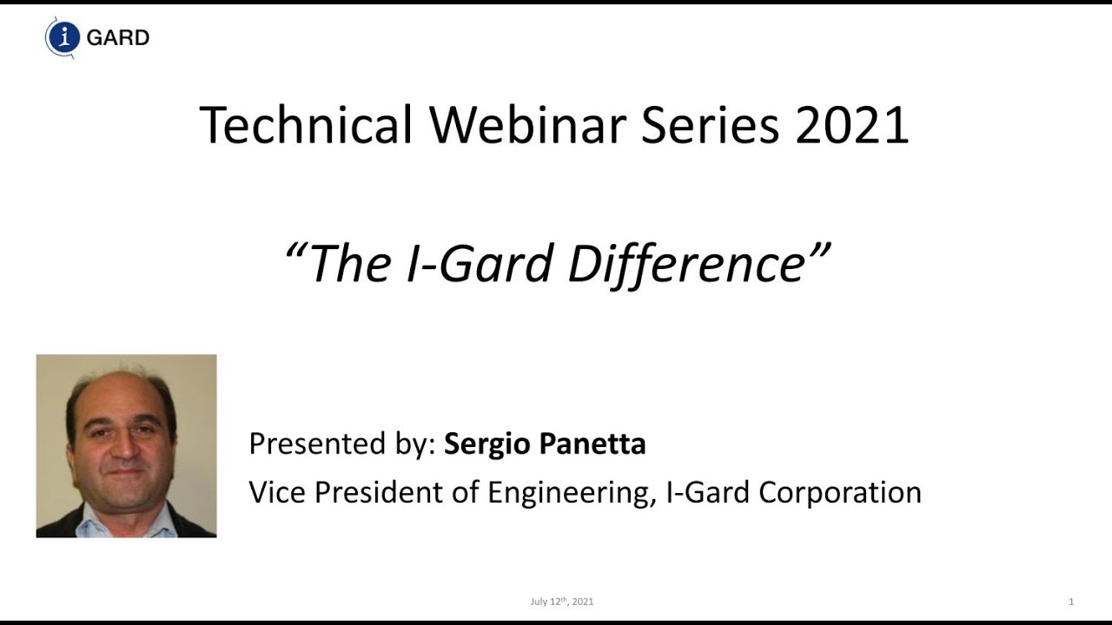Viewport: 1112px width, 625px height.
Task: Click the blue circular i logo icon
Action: [x=63, y=37]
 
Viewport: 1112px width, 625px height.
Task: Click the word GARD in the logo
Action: [x=118, y=38]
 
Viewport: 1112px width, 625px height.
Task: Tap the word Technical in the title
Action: [x=306, y=124]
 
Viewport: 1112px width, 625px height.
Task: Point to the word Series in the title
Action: [x=710, y=124]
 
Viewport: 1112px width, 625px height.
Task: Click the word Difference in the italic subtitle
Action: [x=686, y=262]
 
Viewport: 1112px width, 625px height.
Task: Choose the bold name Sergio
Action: [x=487, y=444]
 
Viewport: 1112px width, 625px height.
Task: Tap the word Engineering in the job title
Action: [x=568, y=492]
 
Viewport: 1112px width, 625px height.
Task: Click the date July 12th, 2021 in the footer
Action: [x=562, y=602]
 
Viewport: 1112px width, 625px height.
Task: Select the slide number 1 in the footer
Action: [x=1071, y=602]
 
